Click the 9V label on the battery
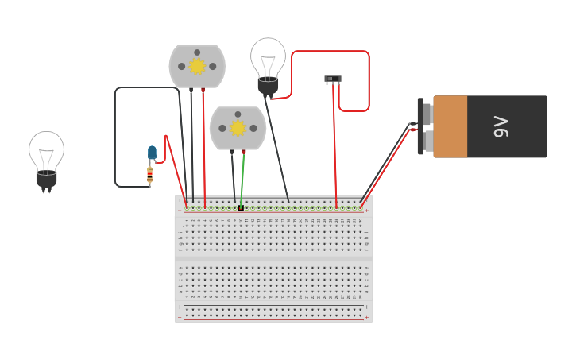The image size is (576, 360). click(x=501, y=126)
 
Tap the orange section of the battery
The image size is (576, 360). click(x=450, y=126)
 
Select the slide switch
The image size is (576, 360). click(x=333, y=79)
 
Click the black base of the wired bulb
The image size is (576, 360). click(x=268, y=86)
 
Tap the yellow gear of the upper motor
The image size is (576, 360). click(x=197, y=66)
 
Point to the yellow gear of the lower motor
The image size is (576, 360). click(x=238, y=128)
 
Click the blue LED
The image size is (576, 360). click(x=152, y=153)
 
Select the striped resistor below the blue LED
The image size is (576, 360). click(x=149, y=175)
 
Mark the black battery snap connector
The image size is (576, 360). click(x=420, y=126)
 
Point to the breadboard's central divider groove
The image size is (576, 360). click(x=273, y=259)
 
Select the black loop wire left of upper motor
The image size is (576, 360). click(x=116, y=135)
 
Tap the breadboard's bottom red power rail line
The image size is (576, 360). click(x=273, y=319)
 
